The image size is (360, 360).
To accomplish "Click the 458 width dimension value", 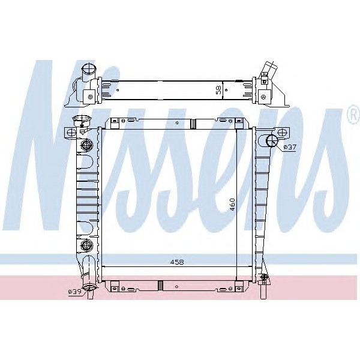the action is point(177,262).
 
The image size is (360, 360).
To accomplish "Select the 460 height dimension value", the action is point(232,205).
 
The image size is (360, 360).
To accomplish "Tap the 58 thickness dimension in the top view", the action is point(219,90).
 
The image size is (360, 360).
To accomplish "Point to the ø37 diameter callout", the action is point(290,147).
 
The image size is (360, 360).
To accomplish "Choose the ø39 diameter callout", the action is point(75,292).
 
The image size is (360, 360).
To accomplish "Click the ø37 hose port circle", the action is point(272,140).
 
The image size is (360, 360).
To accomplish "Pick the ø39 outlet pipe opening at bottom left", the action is point(89,287).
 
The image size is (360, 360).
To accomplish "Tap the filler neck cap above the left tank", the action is point(82,120).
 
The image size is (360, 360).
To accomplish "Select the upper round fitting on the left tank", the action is point(86,145).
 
